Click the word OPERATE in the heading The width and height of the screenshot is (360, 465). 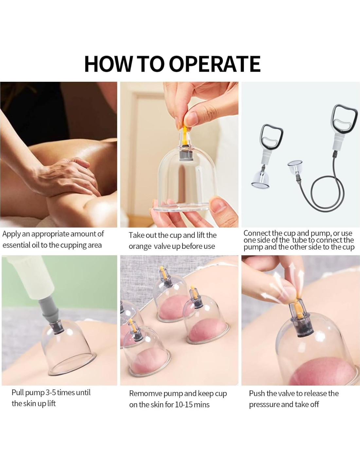tap(216, 64)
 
